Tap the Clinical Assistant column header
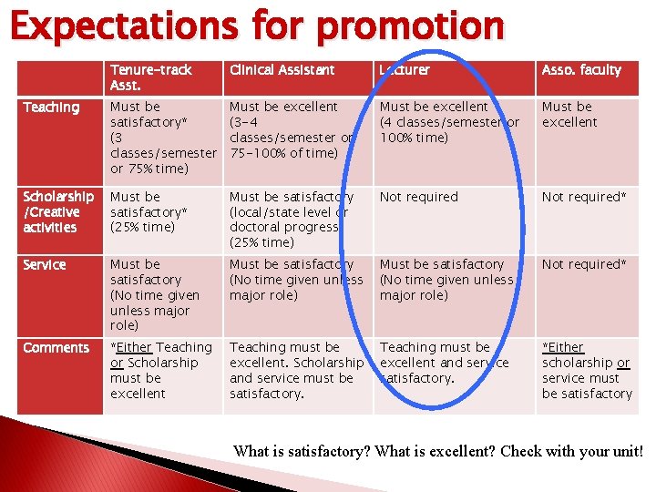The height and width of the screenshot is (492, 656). (282, 70)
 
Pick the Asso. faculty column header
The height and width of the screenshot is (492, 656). (581, 70)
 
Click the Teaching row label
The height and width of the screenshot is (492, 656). (51, 108)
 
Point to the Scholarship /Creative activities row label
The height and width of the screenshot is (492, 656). (58, 212)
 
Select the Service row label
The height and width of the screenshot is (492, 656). (45, 265)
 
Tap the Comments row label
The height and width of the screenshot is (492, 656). (56, 348)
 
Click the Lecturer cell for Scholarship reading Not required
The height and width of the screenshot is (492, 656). (418, 197)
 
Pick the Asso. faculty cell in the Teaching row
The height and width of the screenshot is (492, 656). (569, 115)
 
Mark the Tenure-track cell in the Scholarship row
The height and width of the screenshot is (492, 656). (149, 212)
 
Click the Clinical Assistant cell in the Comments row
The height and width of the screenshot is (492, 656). (296, 370)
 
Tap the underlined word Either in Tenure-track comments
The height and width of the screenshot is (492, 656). (135, 348)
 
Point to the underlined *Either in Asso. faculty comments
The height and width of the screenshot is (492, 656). (563, 348)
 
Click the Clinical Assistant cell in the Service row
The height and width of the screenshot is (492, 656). (296, 280)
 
